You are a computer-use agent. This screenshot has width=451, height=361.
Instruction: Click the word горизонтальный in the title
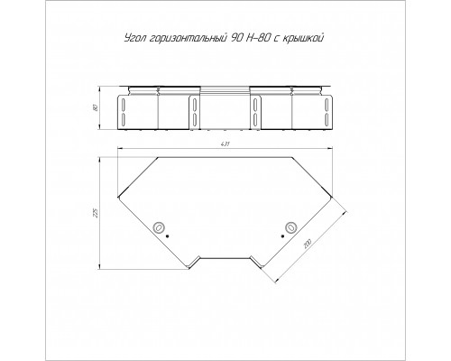click(x=188, y=39)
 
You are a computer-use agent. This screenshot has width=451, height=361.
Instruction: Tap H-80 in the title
click(x=260, y=38)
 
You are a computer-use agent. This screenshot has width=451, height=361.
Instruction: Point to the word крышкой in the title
click(x=303, y=39)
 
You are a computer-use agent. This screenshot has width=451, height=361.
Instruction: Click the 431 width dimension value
click(x=225, y=144)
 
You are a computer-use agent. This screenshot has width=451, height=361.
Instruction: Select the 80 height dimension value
click(x=96, y=107)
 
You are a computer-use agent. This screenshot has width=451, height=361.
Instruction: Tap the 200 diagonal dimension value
click(x=308, y=244)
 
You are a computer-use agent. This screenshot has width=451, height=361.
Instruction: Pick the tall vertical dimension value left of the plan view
click(x=96, y=213)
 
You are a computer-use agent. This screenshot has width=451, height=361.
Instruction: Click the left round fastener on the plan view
click(x=159, y=227)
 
